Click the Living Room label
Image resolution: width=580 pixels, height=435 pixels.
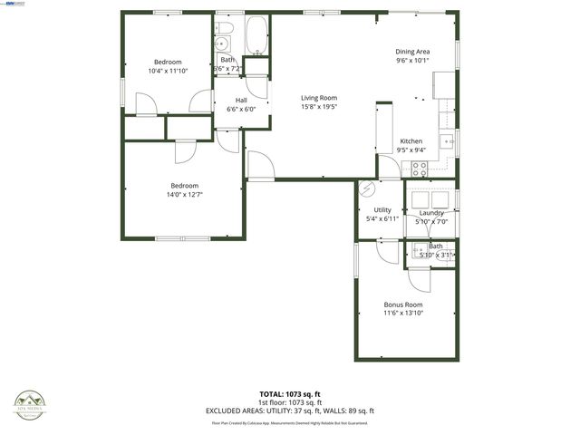tap(319, 98)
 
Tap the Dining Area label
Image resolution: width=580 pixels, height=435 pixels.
tap(411, 52)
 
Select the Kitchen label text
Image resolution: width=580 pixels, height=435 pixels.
tap(411, 141)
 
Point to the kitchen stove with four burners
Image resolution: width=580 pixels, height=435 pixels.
tap(420, 167)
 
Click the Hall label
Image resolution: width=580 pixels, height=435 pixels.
tap(241, 100)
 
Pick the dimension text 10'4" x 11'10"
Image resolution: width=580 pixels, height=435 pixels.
tap(168, 71)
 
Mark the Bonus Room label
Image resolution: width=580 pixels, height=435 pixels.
tap(403, 304)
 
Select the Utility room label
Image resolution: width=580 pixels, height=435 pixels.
tap(382, 209)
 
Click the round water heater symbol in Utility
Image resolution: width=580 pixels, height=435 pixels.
tap(368, 188)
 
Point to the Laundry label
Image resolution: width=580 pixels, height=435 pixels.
tap(431, 213)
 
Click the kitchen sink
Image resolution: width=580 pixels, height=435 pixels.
tap(446, 140)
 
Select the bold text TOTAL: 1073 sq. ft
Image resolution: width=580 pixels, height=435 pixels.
tap(290, 394)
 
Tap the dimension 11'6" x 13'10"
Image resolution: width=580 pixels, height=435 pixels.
tap(403, 314)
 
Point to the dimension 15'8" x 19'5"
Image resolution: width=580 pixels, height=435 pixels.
tap(319, 107)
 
